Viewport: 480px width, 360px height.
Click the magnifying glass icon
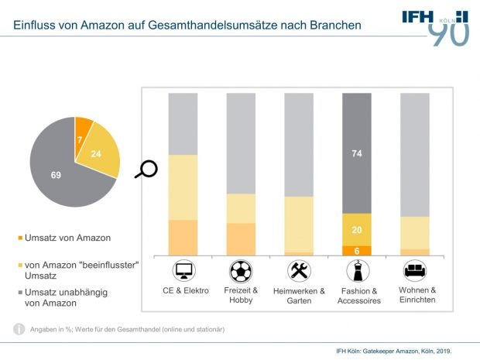tap(146, 169)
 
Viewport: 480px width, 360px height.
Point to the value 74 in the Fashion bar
tap(357, 154)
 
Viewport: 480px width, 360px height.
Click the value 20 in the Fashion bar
tap(357, 230)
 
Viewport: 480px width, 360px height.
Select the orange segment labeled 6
tap(357, 251)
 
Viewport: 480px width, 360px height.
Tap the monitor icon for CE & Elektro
tap(183, 271)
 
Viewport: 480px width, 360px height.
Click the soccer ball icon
tap(241, 271)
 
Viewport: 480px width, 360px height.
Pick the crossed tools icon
tap(299, 271)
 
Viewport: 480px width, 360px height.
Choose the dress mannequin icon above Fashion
tap(358, 271)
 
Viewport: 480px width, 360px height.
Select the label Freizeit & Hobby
tap(241, 295)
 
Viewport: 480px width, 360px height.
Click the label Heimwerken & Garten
tap(299, 295)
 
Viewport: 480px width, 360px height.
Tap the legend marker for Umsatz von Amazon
tap(20, 238)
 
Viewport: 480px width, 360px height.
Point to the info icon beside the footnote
tap(19, 329)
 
